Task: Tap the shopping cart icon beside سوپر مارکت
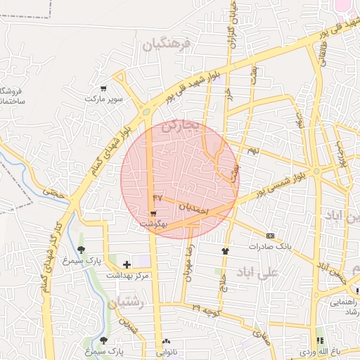103,89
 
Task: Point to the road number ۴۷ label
157,198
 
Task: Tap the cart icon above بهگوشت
153,214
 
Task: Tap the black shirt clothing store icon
225,250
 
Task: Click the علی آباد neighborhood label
254,271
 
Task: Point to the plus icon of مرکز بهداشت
127,264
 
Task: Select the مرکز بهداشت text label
127,275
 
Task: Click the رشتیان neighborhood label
127,302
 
